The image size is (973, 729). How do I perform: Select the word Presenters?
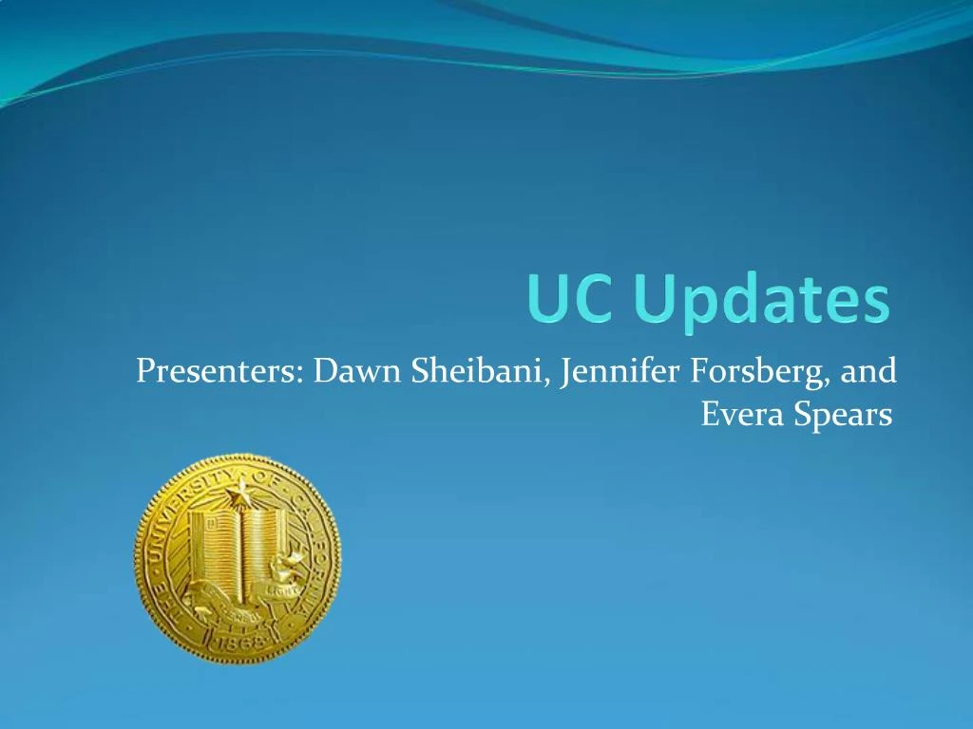pos(218,370)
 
